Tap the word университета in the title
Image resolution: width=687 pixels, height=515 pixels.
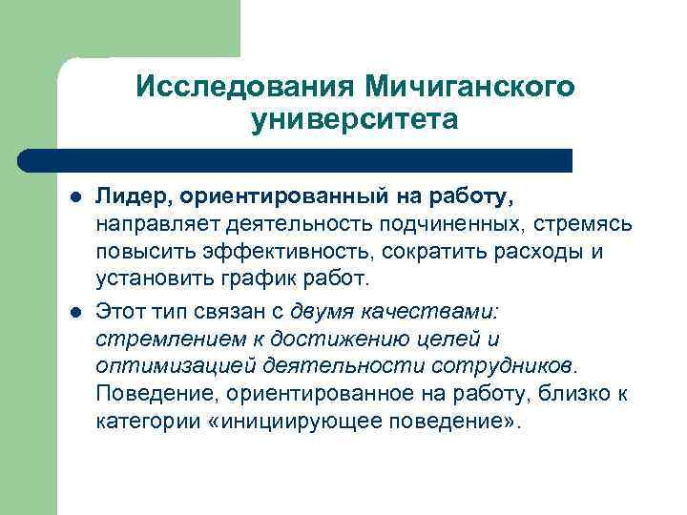(x=355, y=121)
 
